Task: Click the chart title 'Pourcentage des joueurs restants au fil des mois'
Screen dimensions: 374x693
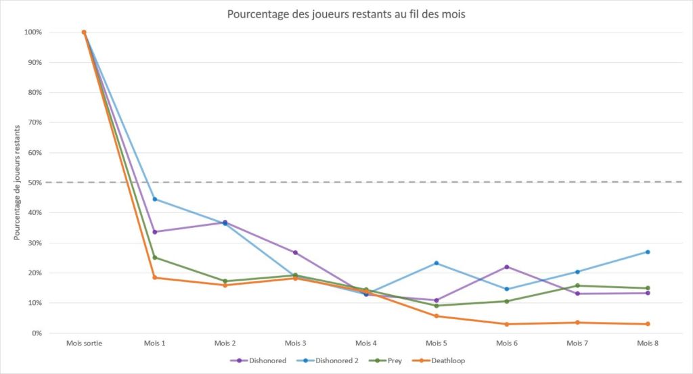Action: tap(346, 14)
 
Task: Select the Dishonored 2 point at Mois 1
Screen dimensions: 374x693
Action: tap(155, 199)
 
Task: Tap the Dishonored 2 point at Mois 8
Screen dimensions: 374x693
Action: tap(648, 252)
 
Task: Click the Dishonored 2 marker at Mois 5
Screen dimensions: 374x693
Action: tap(437, 263)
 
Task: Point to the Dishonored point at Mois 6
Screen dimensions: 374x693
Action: tap(507, 267)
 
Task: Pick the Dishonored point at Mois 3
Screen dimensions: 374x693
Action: tap(296, 252)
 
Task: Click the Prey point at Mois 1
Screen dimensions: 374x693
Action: tap(155, 258)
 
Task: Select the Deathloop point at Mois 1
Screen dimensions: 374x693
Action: tap(155, 277)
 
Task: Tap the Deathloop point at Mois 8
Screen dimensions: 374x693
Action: tap(648, 324)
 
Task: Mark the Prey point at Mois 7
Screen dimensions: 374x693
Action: tap(577, 285)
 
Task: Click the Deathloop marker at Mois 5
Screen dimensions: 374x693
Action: tap(437, 316)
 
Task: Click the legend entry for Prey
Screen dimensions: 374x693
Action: tap(389, 360)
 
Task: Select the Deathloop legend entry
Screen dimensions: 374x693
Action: tap(441, 360)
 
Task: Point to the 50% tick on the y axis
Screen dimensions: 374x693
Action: tap(32, 183)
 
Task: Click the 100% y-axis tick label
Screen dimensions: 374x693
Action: tap(32, 32)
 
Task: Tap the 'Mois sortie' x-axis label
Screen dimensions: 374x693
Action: tap(85, 344)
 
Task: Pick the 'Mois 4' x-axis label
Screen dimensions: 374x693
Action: tap(366, 344)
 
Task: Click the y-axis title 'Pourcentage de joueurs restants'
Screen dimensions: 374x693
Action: tap(17, 183)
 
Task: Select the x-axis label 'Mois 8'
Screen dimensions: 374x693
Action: tap(648, 344)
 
